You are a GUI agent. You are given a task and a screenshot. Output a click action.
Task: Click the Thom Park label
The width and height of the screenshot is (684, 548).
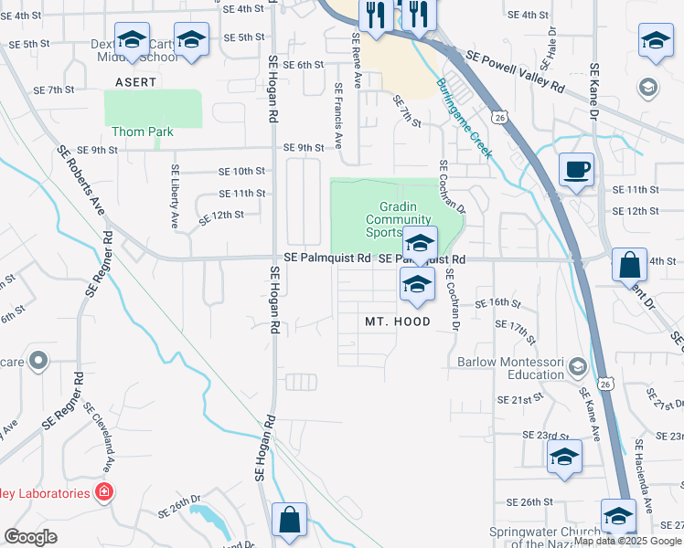point(142,132)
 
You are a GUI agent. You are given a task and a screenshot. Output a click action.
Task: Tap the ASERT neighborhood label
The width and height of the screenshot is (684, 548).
point(135,82)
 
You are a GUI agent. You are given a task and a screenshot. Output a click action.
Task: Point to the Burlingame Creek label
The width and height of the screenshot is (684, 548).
point(465,118)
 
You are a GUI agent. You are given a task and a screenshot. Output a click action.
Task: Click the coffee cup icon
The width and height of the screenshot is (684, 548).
point(576,170)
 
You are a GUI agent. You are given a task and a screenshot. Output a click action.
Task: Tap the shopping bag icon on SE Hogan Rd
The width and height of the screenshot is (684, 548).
point(290,519)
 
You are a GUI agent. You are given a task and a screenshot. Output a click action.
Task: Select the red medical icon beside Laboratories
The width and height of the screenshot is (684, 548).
point(105,492)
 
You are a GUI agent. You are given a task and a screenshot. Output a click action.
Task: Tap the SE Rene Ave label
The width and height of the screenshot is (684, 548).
point(357,56)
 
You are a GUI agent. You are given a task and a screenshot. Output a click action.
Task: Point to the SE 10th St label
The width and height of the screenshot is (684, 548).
point(241,171)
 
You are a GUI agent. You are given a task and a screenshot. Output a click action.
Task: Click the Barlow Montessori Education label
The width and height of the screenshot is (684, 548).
point(510,367)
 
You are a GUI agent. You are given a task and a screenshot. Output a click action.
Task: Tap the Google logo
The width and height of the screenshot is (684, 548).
point(31,537)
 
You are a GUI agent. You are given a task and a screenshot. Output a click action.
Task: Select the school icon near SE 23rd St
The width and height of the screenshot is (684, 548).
point(564,456)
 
